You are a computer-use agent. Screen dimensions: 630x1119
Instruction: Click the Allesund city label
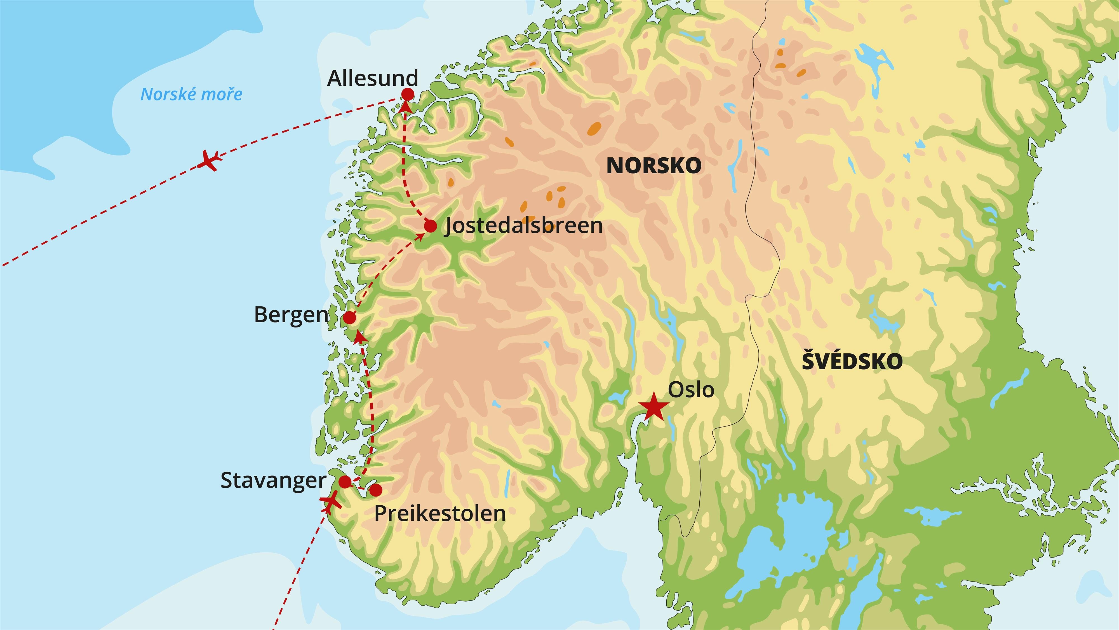click(372, 78)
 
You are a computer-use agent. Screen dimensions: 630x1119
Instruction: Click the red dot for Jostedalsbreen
click(430, 226)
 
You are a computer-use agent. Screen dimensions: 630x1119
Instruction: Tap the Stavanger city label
click(273, 481)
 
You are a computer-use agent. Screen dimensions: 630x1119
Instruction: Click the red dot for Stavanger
click(345, 482)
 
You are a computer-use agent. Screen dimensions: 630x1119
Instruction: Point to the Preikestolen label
click(439, 514)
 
